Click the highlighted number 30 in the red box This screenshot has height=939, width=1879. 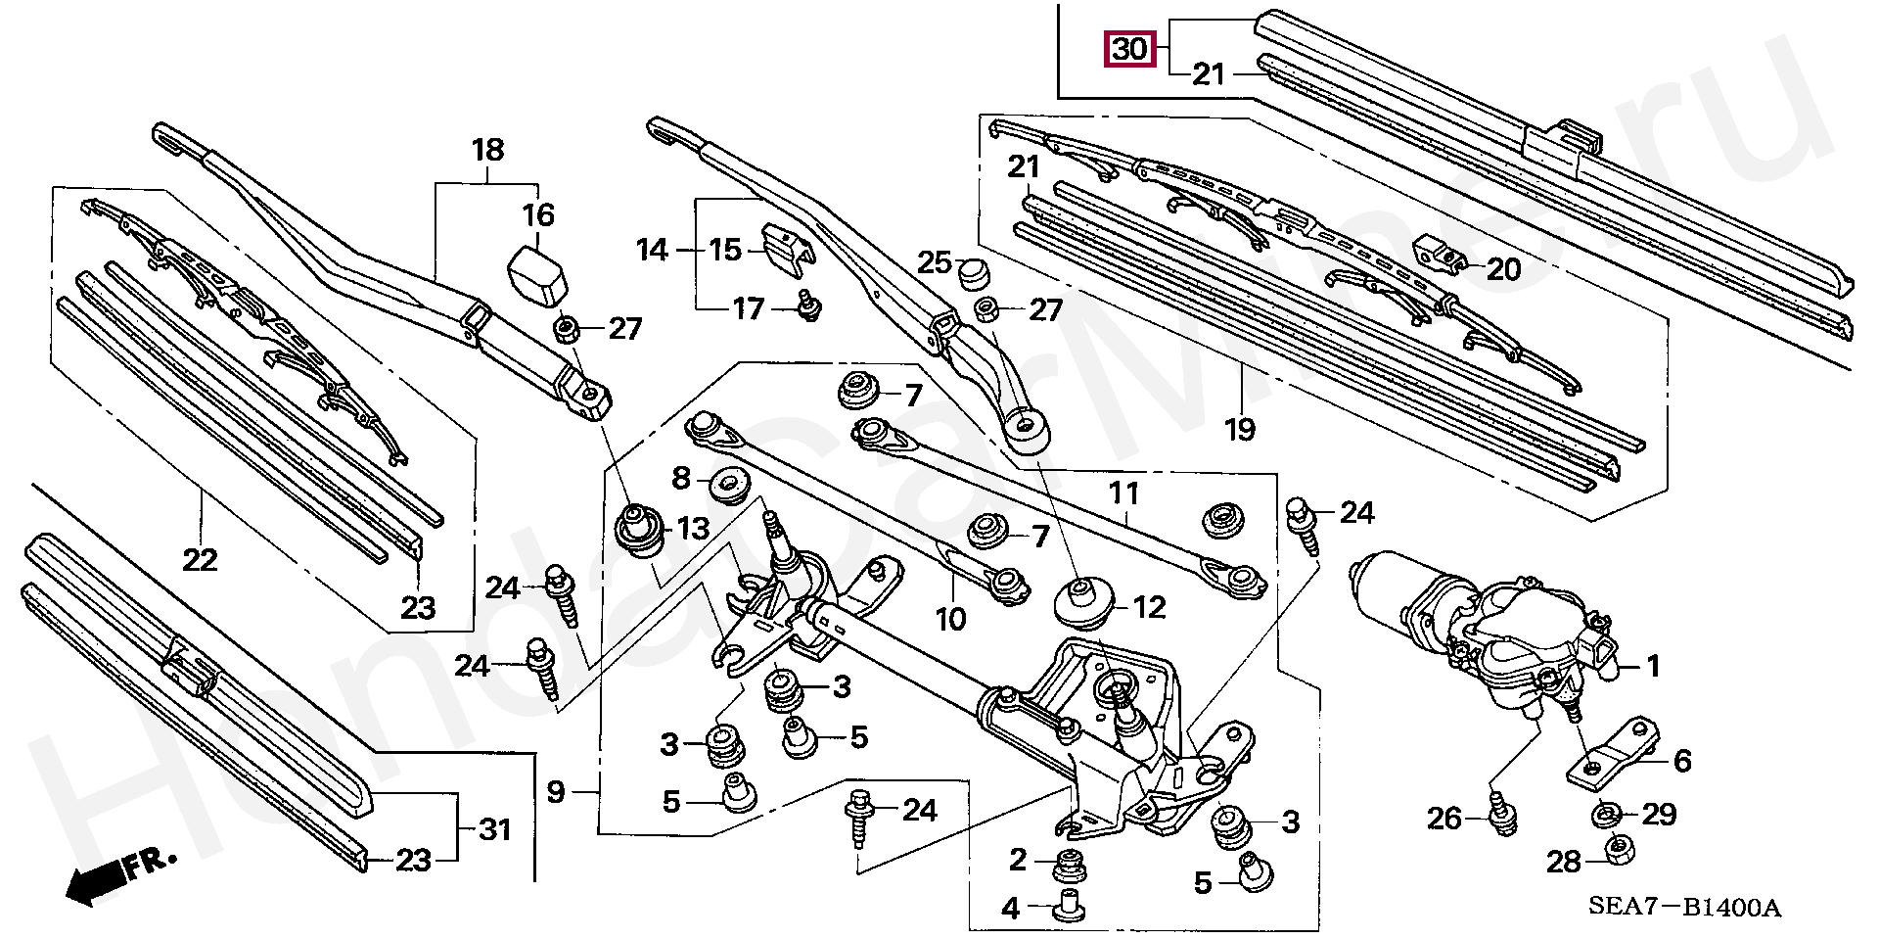tap(1128, 49)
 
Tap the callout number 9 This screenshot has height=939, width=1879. tap(556, 791)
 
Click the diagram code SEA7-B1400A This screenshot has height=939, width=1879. tap(1683, 908)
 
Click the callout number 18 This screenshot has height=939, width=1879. tap(487, 150)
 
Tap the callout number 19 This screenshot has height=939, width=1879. tap(1239, 429)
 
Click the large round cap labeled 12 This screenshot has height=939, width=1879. tap(1080, 600)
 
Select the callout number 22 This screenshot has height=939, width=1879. tap(201, 559)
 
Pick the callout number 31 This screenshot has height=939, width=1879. tap(495, 830)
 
